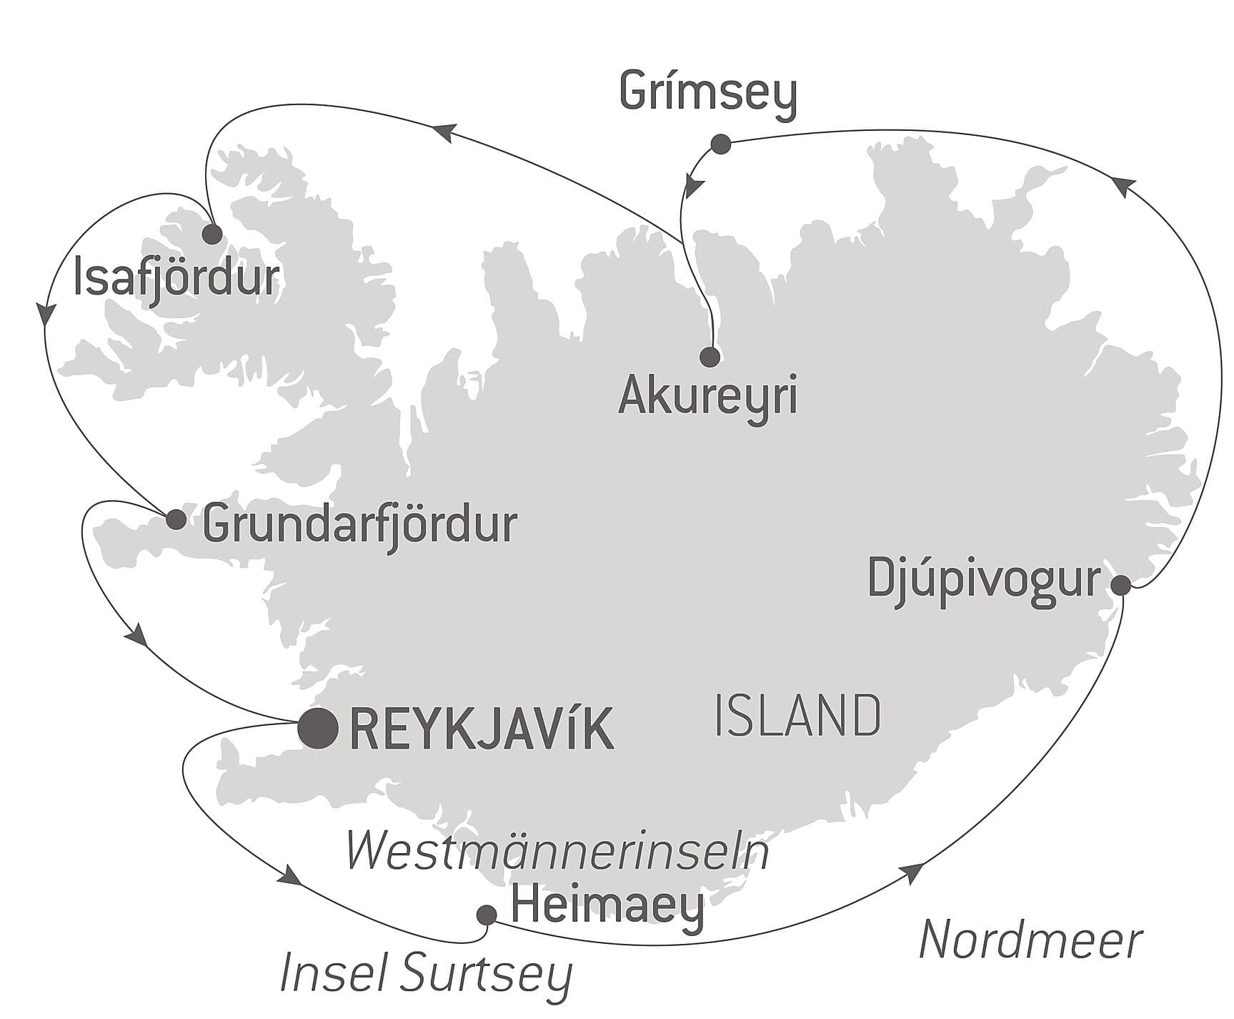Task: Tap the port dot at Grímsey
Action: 720,144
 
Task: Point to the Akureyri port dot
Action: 710,356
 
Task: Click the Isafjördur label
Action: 176,279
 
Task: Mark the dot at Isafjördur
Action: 212,234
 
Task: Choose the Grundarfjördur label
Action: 359,526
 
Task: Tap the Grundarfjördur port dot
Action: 176,520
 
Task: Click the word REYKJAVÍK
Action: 482,729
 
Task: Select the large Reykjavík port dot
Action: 318,729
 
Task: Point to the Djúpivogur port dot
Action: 1121,586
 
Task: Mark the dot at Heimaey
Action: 487,915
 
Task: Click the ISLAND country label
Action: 797,716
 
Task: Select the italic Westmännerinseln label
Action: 557,852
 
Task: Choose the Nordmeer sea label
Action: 1030,940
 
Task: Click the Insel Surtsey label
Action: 426,974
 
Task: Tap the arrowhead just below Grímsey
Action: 692,187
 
